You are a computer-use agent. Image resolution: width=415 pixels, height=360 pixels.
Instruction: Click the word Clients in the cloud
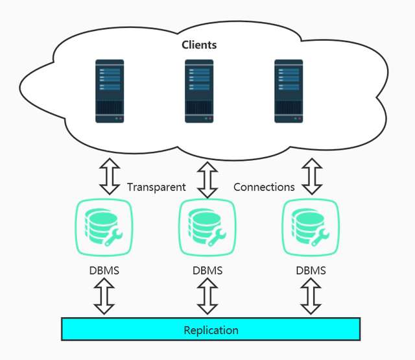coord(199,45)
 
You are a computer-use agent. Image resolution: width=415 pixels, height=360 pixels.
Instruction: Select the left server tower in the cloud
coord(110,91)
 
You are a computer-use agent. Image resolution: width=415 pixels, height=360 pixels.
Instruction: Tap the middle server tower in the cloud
coord(199,91)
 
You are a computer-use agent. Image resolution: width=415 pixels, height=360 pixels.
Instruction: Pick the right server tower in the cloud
coord(289,91)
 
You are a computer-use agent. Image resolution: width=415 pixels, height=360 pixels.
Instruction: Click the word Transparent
coord(156,187)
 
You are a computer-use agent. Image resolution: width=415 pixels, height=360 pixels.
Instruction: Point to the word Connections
coord(264,187)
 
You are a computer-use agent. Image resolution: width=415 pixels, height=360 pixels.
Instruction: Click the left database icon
coord(104,226)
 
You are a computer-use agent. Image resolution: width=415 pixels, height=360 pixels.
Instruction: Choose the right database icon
coord(311,226)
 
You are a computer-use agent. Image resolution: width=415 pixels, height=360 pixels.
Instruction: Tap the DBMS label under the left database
coord(104,270)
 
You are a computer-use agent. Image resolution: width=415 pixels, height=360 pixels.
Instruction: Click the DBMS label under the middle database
coord(207,270)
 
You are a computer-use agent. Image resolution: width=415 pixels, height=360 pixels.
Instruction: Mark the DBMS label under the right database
coord(311,270)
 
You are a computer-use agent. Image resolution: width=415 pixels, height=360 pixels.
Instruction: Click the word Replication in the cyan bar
coord(211,330)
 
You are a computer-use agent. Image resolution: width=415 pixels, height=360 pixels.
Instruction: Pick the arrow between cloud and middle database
coord(207,179)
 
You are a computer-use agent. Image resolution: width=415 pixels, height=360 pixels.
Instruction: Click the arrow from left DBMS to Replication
coord(104,296)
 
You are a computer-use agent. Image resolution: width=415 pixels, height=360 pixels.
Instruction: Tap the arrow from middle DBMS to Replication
coord(207,296)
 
